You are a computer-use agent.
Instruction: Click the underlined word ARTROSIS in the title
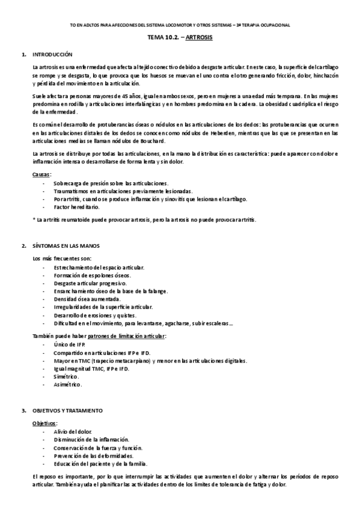tap(198, 37)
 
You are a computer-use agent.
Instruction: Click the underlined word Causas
tap(41, 174)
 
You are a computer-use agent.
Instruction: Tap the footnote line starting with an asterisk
tap(136, 220)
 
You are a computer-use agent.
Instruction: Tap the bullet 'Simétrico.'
tap(66, 376)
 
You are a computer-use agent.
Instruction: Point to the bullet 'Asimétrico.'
tap(67, 384)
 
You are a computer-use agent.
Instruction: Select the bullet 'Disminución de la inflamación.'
tap(91, 440)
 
